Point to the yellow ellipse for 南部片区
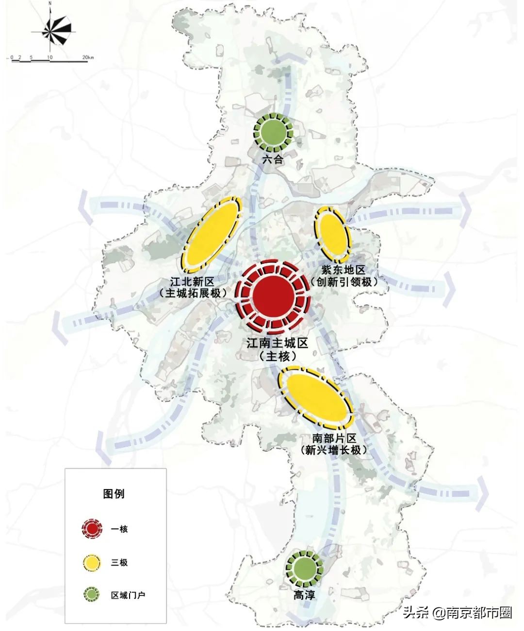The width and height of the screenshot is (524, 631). click(316, 394)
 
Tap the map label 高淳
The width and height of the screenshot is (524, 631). click(304, 595)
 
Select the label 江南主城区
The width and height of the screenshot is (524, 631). click(278, 344)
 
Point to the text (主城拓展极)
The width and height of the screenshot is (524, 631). click(193, 293)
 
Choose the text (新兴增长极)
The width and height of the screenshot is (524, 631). click(334, 450)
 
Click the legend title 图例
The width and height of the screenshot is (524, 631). click(115, 493)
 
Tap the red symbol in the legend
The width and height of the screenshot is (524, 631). click(92, 529)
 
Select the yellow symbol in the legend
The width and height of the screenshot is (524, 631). click(92, 562)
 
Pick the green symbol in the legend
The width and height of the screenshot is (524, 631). click(92, 595)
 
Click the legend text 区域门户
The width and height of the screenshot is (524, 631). click(128, 595)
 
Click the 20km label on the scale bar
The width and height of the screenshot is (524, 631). click(88, 58)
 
